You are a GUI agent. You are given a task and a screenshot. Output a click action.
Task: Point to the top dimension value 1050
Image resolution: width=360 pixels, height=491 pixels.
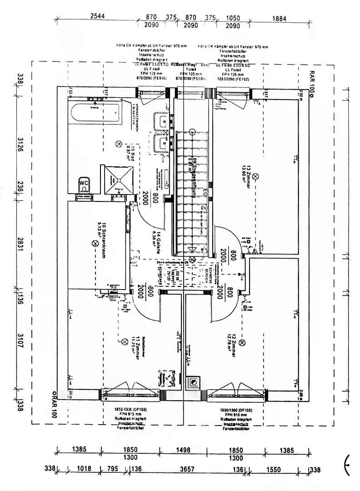coord(233,18)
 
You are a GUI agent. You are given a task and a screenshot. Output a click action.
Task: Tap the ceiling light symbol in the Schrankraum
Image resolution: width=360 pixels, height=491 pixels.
coord(95,244)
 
